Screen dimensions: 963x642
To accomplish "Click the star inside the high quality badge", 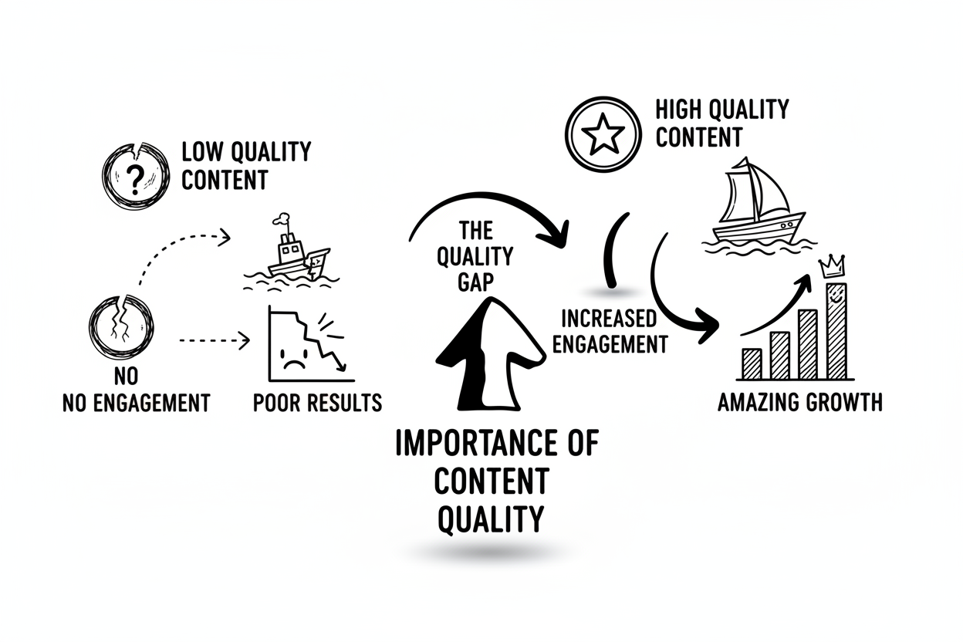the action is pos(603,134).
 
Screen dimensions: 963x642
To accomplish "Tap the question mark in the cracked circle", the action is pos(134,181).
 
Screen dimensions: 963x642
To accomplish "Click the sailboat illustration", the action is pos(759,208).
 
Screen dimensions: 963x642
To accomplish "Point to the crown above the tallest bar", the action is pos(833,266).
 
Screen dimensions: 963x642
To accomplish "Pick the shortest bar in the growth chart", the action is pos(752,363).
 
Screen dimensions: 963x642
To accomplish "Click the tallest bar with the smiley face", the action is pos(836,331).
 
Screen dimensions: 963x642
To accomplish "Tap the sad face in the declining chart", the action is pos(295,358).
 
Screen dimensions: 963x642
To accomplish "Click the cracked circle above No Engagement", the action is pos(121,327).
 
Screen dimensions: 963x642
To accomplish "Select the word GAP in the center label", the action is pos(475,282).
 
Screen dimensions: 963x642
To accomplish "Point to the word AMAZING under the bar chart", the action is pos(757,403).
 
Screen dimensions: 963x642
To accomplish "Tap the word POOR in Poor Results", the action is pos(275,403).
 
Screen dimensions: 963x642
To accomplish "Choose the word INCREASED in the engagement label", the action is pos(609,319).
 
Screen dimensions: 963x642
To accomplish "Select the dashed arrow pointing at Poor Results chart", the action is pos(215,340).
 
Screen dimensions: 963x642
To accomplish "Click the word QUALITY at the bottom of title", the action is pos(491,519).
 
